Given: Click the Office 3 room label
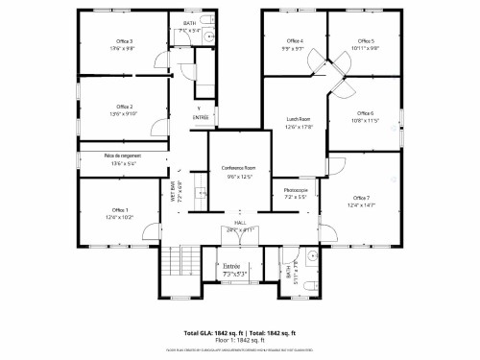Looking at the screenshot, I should (x=124, y=42).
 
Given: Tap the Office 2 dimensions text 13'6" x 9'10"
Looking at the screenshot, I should (x=124, y=113).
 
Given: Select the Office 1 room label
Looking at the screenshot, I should (x=119, y=209).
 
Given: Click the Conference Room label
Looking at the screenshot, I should (x=238, y=168).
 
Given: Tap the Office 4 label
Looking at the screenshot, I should (x=295, y=41).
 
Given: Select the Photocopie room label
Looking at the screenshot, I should (x=296, y=190).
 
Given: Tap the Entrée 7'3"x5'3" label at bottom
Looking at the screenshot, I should (x=235, y=269).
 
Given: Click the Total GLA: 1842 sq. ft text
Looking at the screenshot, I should (x=210, y=333).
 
